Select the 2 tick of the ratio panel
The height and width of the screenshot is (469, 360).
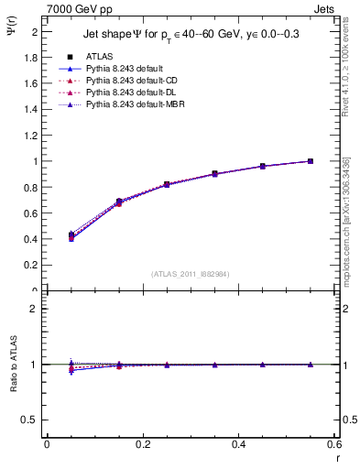[37, 309]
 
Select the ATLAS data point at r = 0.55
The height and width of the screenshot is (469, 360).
[311, 161]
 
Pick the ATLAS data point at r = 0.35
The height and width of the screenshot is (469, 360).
[214, 173]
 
